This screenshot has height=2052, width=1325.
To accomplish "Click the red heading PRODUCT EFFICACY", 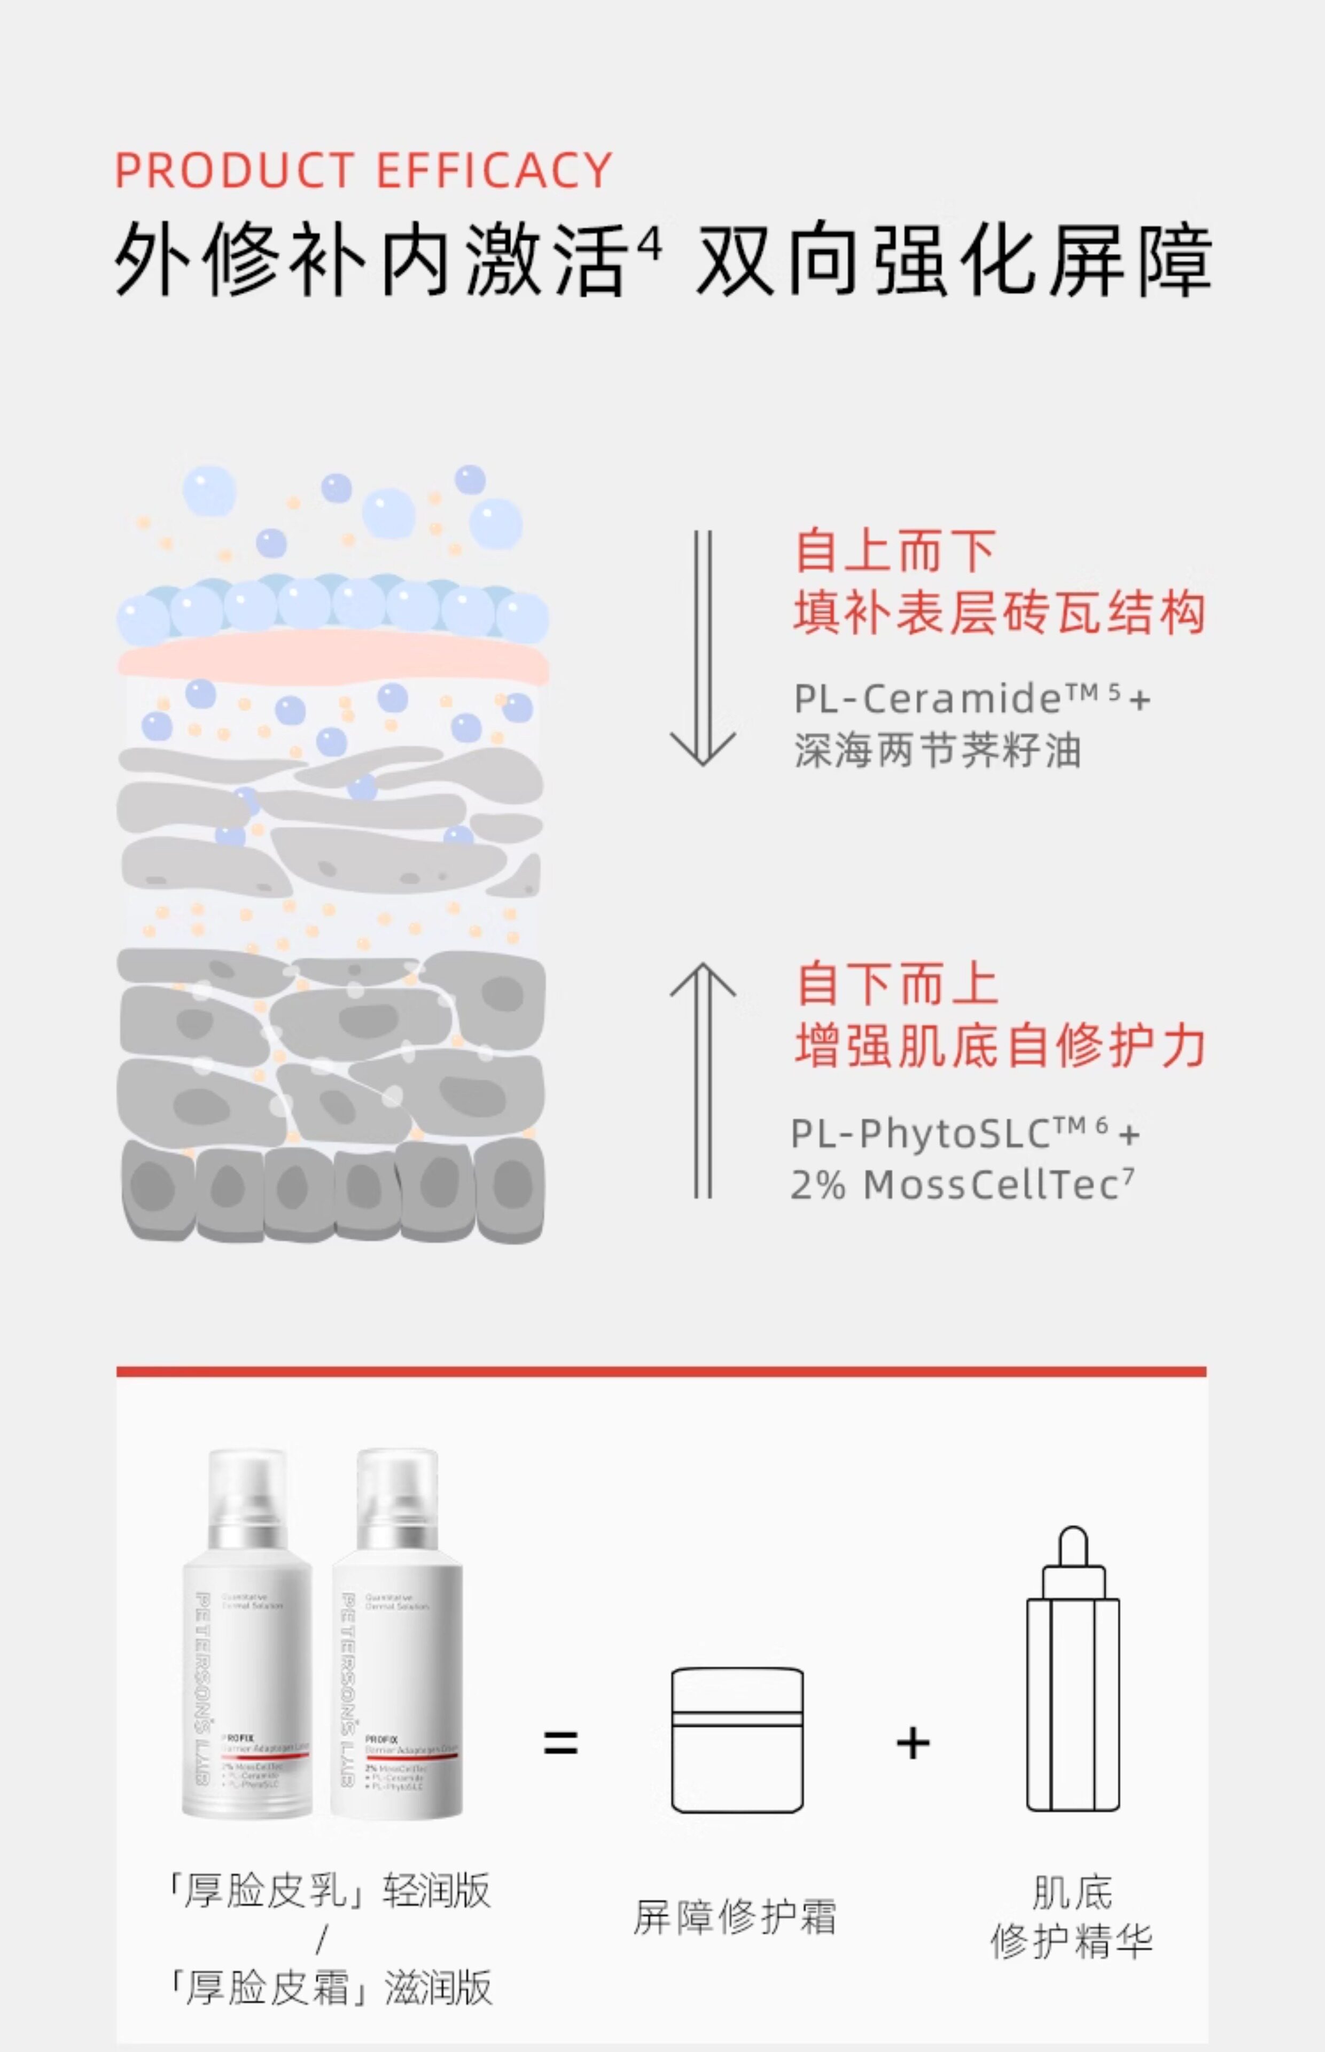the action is coord(363,170).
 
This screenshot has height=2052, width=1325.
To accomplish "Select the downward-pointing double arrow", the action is coord(703,648).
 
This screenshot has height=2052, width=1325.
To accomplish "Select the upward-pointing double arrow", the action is coord(703,1080).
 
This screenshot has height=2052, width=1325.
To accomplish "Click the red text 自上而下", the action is coord(895,551).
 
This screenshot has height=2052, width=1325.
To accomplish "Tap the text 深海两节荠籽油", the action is coord(938,750).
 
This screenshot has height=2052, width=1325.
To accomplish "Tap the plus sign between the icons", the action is coord(913,1743).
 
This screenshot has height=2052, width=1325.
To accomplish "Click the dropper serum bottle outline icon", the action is coord(1073,1669).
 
